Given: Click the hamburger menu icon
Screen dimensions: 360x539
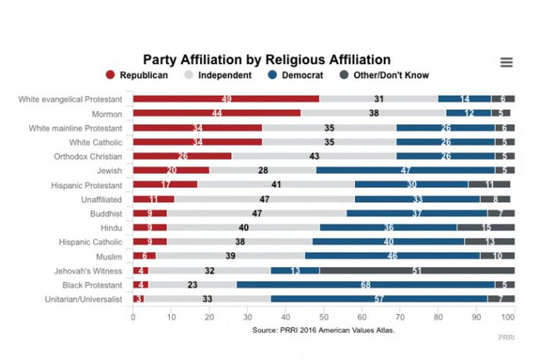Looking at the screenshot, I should click(x=507, y=63).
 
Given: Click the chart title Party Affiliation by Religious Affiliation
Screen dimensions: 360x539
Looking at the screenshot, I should click(x=267, y=60).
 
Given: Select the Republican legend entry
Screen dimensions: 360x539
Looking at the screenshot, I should click(x=137, y=75).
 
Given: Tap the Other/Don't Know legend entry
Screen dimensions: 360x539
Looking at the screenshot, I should click(x=384, y=75).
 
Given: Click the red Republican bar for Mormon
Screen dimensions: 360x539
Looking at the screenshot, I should click(x=217, y=113).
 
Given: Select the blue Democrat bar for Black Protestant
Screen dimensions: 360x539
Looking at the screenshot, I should click(x=365, y=285).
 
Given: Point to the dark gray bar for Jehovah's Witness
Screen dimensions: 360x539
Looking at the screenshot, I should click(x=417, y=270).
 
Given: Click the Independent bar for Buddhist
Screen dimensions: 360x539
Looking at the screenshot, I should click(x=256, y=213).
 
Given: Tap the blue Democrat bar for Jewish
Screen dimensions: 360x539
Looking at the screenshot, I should click(x=405, y=170).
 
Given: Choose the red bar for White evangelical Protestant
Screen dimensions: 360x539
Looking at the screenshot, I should click(x=226, y=99).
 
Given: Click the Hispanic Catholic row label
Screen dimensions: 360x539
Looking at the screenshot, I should click(x=91, y=242).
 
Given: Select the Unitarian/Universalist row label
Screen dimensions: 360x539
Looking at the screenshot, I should click(x=84, y=299).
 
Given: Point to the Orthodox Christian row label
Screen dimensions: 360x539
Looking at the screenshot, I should click(x=88, y=156).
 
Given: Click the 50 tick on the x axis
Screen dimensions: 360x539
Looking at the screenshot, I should click(x=323, y=317).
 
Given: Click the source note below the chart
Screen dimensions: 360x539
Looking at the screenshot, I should click(x=323, y=330).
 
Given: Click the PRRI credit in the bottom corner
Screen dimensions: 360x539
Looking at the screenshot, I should click(x=507, y=337).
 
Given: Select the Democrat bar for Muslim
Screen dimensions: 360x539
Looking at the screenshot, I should click(x=392, y=256).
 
